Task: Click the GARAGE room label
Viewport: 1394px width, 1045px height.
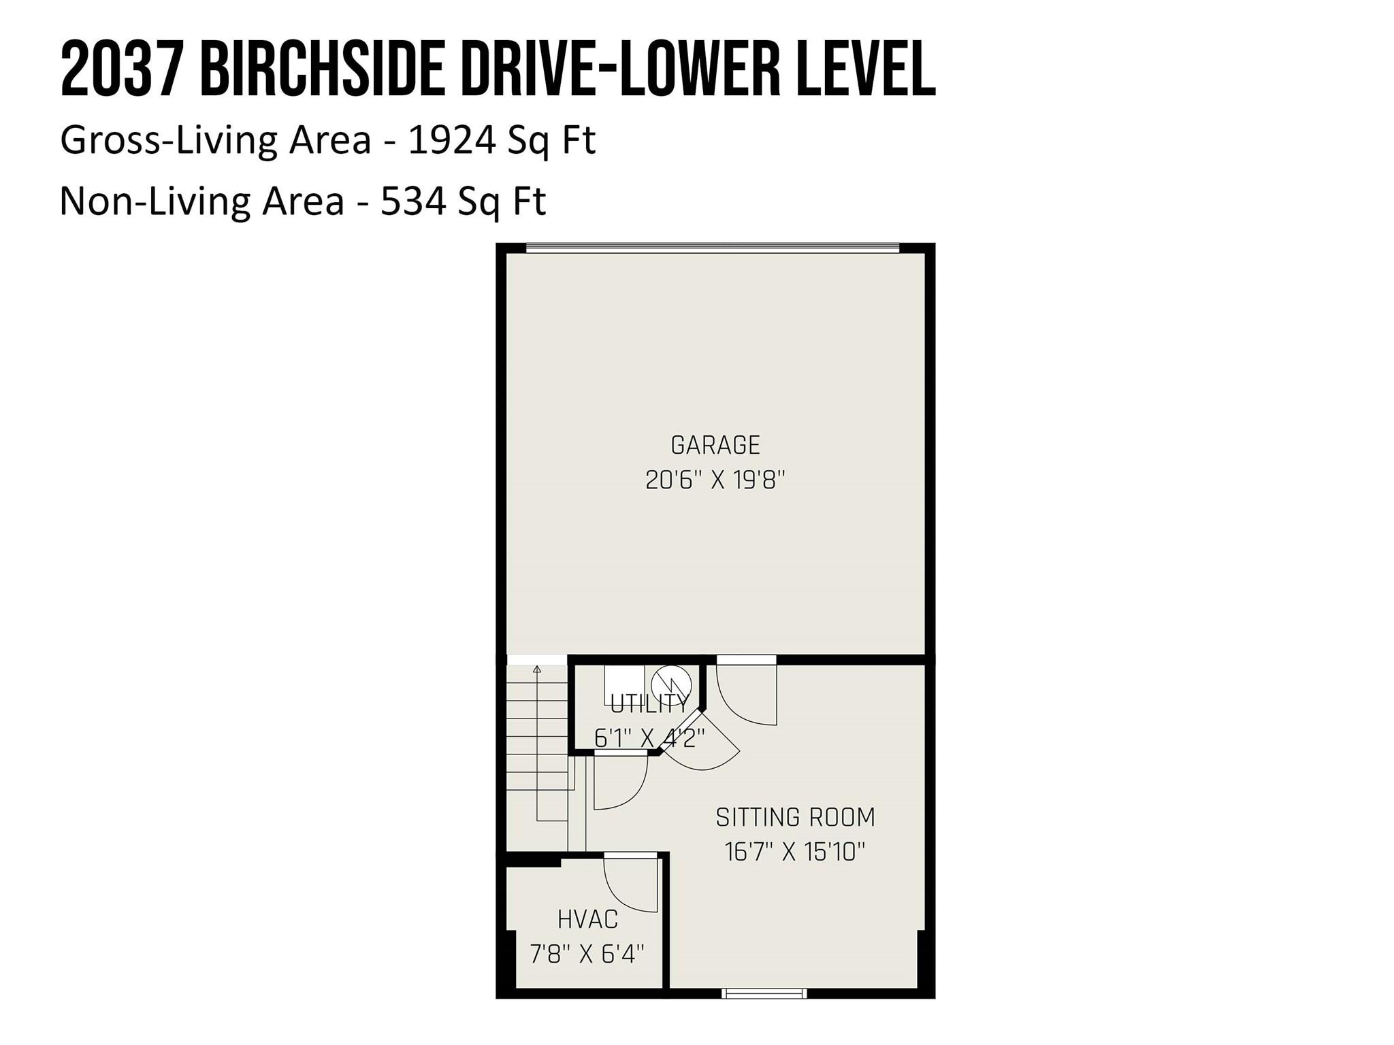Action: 715,445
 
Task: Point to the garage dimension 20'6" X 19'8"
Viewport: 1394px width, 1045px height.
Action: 715,481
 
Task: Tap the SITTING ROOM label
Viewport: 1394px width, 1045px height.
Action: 795,817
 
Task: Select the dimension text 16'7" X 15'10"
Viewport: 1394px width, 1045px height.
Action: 795,852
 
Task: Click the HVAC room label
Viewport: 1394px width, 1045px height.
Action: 587,920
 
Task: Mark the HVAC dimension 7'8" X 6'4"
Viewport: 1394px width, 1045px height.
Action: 587,954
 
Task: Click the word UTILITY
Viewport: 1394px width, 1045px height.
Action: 649,704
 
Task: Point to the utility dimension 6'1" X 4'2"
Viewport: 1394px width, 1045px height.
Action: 649,737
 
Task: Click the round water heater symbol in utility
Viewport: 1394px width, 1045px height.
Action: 671,684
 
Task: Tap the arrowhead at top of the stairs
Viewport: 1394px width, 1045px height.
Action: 537,669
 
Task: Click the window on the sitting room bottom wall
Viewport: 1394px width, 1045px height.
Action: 764,994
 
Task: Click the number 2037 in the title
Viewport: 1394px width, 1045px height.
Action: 122,69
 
